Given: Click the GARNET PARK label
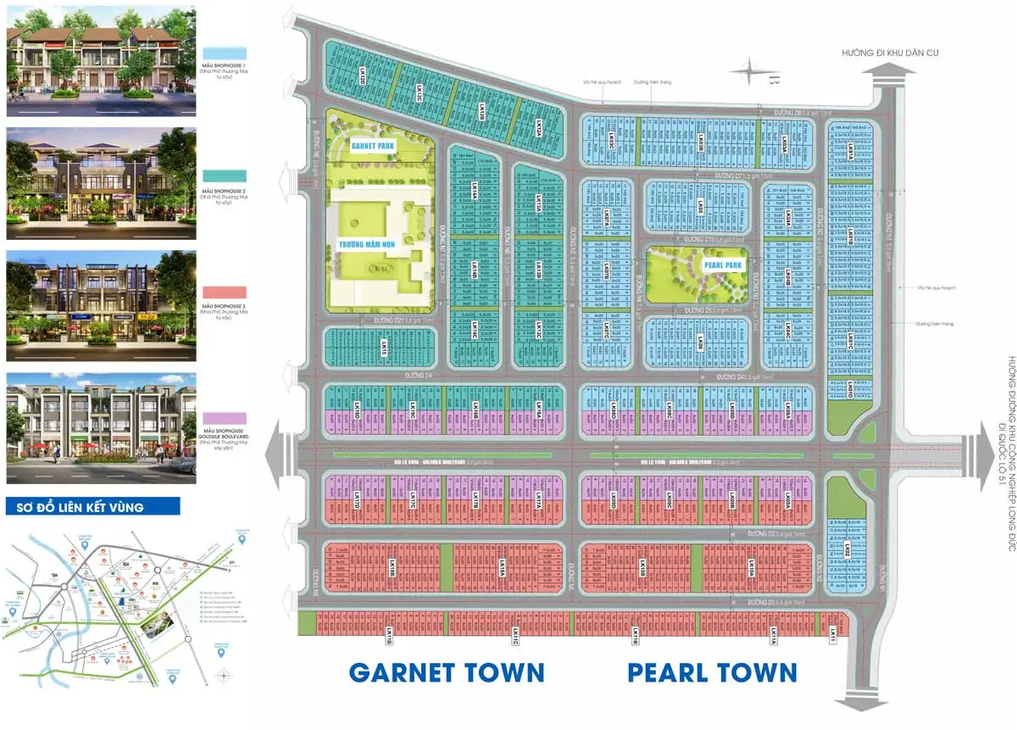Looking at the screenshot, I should click(374, 146).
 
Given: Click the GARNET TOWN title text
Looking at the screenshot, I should click(447, 672).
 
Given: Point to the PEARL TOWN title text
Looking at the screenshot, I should click(712, 672).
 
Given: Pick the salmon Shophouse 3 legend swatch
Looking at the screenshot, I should click(224, 293).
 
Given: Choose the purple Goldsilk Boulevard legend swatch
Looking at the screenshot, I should click(224, 418).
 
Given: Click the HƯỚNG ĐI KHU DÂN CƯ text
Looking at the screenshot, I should click(890, 53).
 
